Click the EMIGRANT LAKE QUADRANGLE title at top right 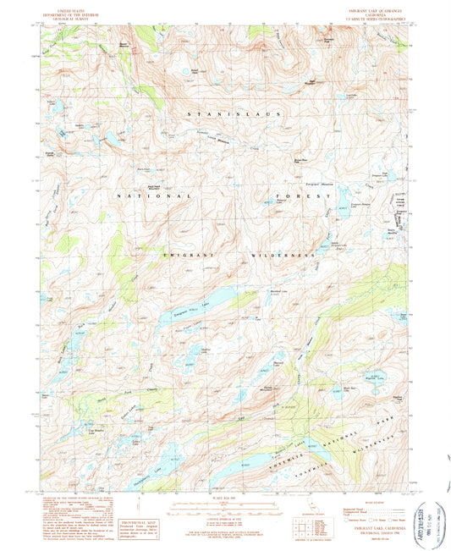(369, 12)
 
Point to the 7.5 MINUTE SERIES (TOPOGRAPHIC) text (369, 20)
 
